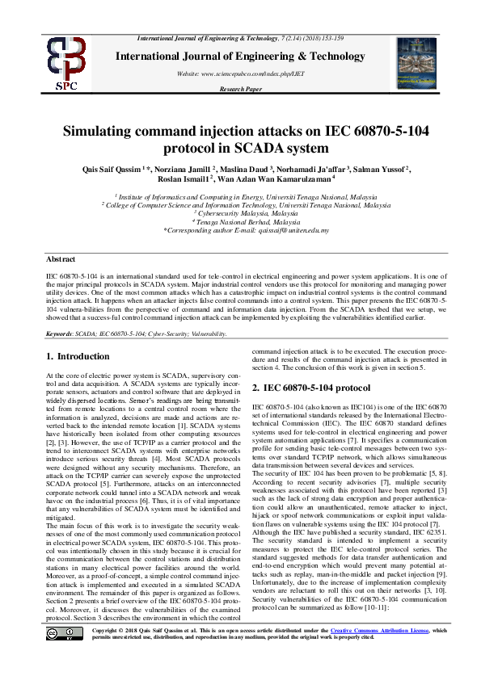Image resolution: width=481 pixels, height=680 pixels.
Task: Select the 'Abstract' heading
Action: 60,259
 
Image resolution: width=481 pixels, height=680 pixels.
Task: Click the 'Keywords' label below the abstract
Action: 60,334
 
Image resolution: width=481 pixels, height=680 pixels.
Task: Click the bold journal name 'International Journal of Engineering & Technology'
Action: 241,56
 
